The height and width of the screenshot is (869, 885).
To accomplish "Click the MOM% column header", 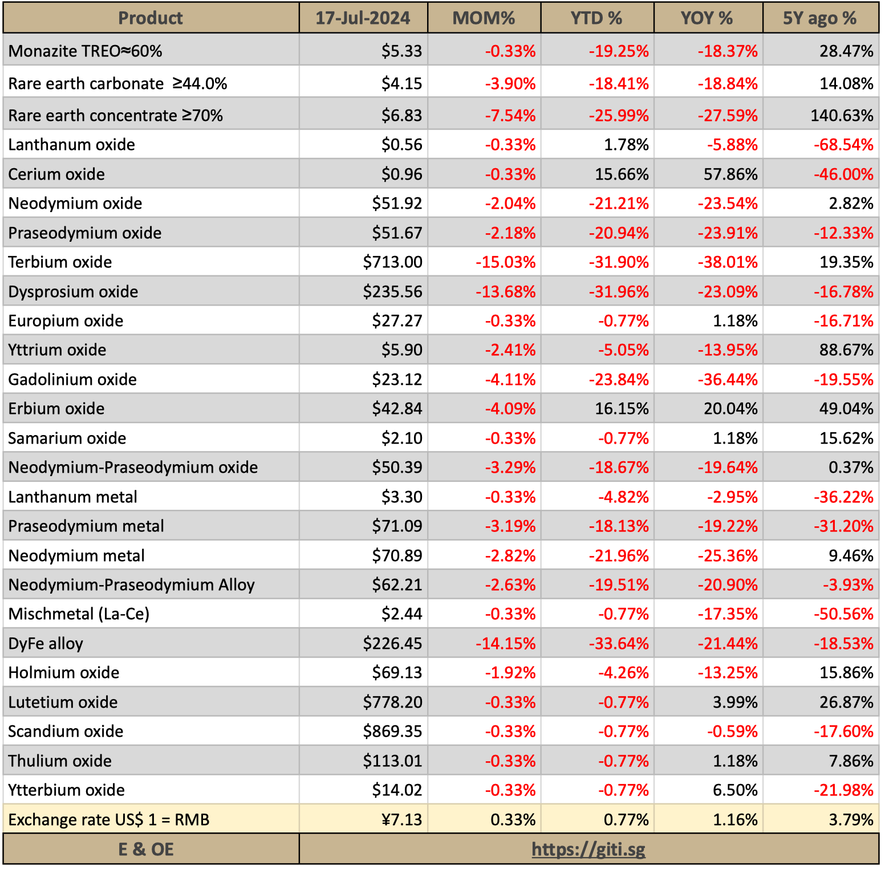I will point(484,18).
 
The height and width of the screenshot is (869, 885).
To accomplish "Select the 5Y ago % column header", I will point(819,18).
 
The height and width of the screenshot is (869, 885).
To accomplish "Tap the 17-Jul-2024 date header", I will point(363,18).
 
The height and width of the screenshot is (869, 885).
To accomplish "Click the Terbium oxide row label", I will point(60,262).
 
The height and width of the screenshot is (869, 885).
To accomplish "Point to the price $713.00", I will point(392,262).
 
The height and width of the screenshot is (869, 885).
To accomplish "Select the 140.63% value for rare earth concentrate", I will point(842,116).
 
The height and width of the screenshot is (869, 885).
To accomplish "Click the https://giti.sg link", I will point(588,850).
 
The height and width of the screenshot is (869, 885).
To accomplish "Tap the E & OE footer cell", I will point(146,850).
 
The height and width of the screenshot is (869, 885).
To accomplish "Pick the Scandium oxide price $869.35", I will point(392,732).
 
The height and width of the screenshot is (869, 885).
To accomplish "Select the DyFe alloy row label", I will point(46,644).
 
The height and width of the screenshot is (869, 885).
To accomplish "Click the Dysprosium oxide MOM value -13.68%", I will point(506,292).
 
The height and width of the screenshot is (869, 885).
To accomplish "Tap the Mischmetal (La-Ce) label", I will point(79,614).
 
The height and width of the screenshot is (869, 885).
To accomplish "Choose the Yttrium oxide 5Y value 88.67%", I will point(846,350).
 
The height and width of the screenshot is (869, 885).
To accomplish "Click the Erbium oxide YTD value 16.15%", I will point(622,409).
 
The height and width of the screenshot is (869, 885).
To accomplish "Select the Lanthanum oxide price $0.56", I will point(401,145).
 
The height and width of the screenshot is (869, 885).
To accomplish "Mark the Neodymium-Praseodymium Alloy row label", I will point(131,585).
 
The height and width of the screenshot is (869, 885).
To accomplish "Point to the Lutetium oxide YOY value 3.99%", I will point(735,702).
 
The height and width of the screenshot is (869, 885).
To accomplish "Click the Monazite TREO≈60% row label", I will point(85,51).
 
